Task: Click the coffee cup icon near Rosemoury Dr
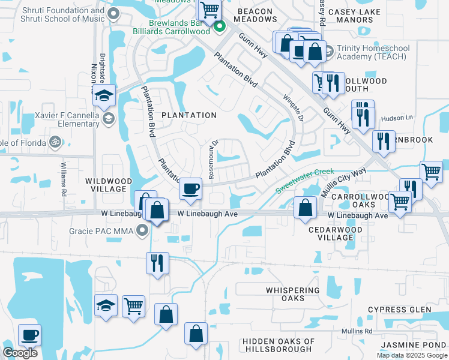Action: [x=191, y=189]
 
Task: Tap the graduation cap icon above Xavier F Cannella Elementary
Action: [x=104, y=95]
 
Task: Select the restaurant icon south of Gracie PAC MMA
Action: [x=157, y=263]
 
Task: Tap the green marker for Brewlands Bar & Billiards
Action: [x=220, y=26]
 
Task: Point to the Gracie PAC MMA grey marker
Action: [x=142, y=230]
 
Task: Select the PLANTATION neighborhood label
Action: [x=188, y=115]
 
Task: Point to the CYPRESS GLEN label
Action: [x=400, y=310]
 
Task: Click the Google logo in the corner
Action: [x=20, y=353]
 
